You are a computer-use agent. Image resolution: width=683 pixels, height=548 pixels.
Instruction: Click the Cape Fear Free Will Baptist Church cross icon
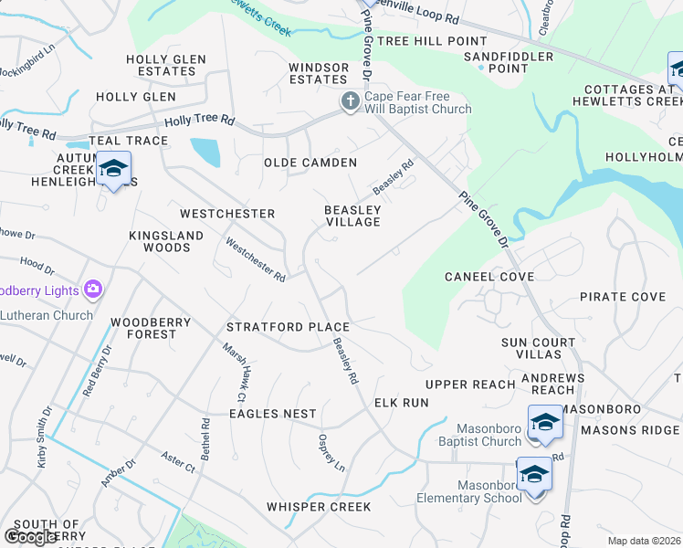click(350, 102)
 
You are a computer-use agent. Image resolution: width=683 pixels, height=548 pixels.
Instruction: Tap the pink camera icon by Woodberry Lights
click(92, 290)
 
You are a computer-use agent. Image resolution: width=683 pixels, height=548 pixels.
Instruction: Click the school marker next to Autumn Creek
click(114, 169)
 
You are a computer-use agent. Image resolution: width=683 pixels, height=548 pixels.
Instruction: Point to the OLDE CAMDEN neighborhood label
click(310, 163)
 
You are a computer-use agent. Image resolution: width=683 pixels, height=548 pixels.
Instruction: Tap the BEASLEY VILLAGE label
click(353, 216)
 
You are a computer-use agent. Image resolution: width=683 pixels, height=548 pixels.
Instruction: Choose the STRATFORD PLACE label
click(288, 327)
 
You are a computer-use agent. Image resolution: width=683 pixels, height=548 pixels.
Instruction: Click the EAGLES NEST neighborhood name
click(272, 414)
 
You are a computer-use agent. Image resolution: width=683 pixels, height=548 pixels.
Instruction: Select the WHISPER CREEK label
click(319, 506)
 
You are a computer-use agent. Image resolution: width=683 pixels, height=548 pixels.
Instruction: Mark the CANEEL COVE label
click(489, 276)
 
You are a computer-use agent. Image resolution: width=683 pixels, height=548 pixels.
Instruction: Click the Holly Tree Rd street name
click(199, 121)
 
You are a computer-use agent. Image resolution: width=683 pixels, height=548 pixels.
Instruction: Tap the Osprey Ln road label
click(331, 453)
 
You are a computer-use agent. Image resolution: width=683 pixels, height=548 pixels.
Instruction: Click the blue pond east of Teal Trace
click(205, 152)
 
